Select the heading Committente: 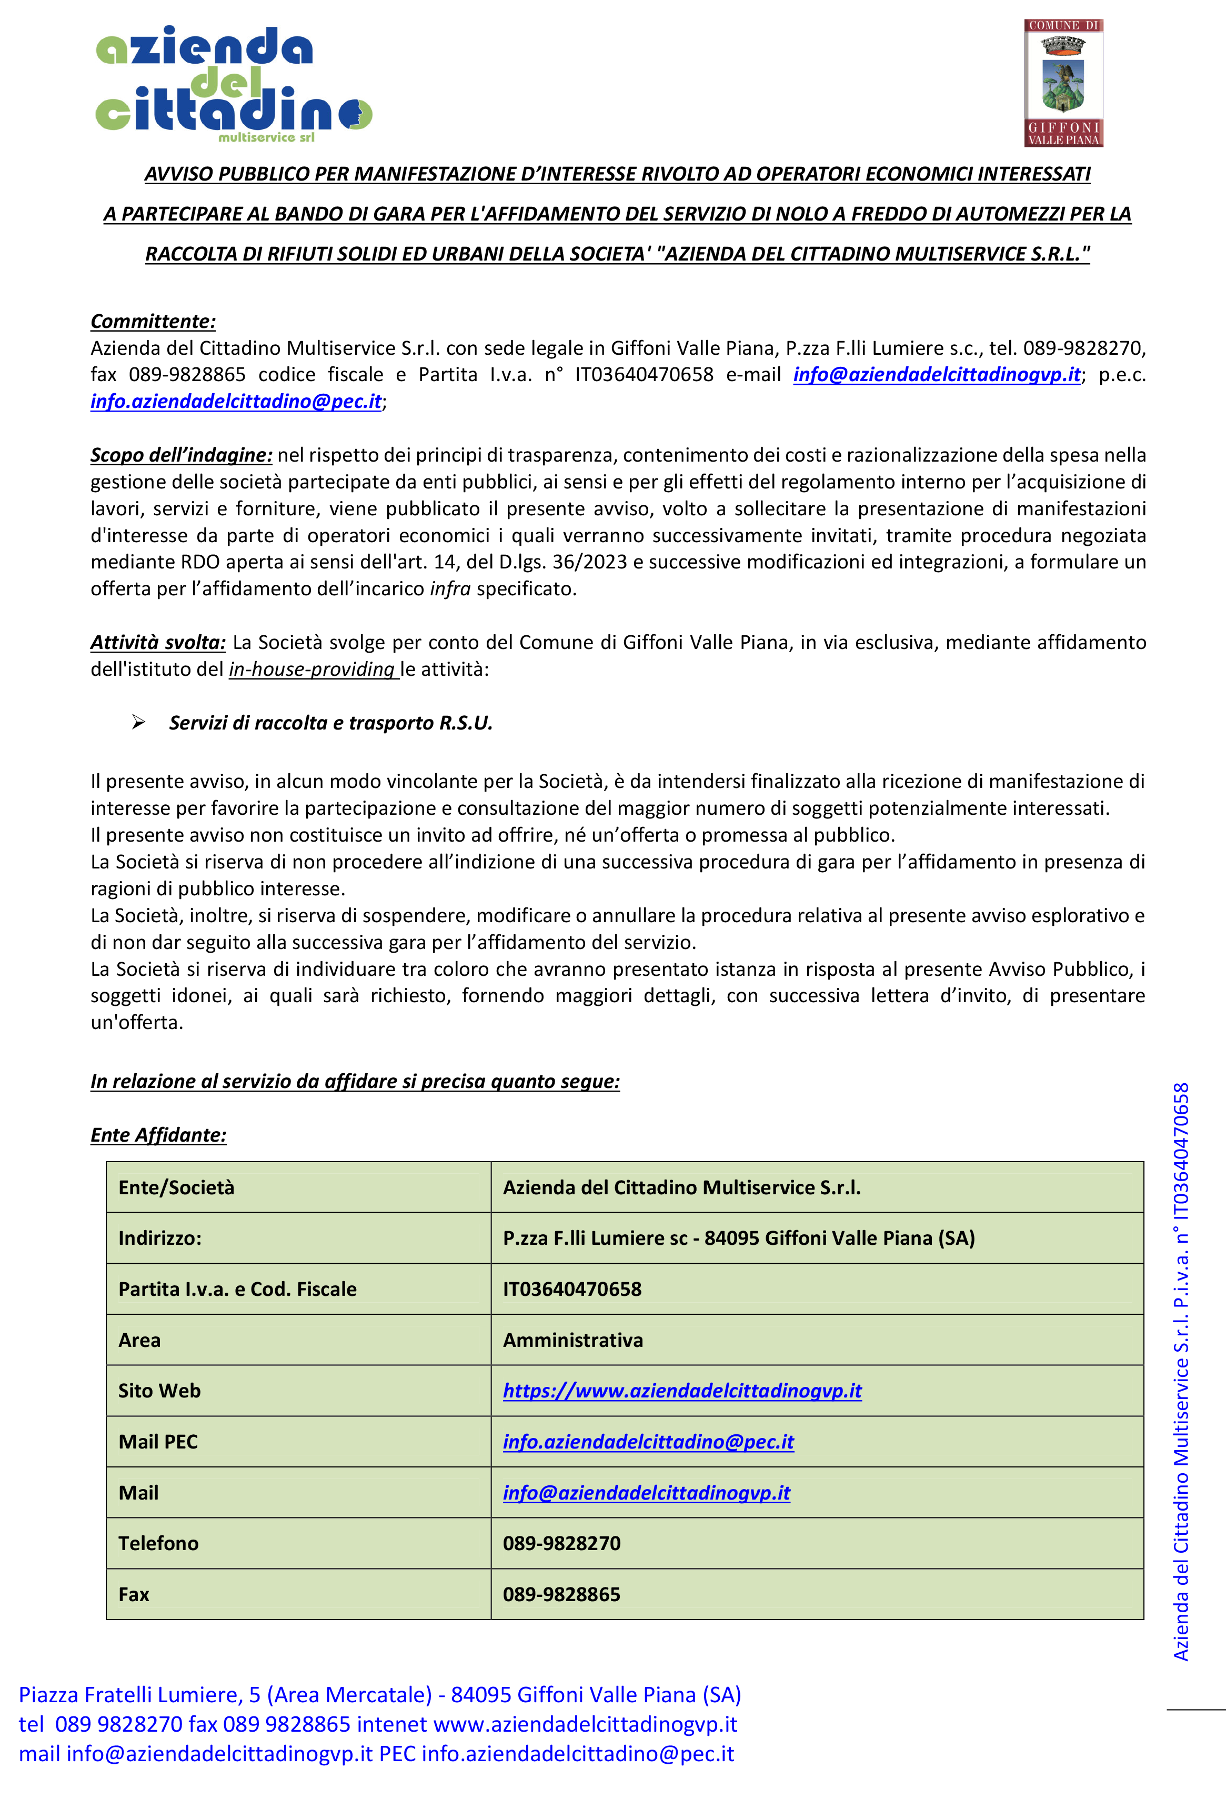153,321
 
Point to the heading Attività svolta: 158,642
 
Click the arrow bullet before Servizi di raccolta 138,723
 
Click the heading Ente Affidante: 158,1135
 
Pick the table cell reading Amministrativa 572,1340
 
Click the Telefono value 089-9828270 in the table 561,1543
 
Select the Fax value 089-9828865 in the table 561,1594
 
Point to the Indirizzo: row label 159,1238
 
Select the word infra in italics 450,589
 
